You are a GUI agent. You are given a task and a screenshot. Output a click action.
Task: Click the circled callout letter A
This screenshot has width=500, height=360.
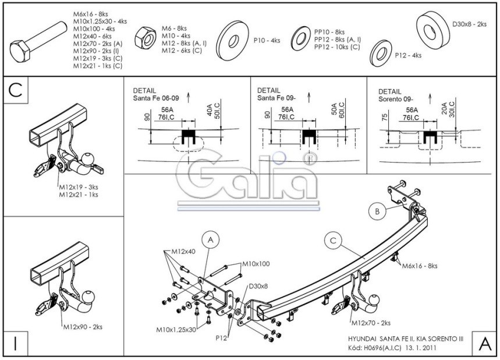(211, 239)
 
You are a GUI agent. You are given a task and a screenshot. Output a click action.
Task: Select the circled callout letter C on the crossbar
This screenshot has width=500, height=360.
(333, 239)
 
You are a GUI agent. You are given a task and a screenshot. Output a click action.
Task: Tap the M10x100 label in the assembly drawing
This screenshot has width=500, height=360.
(256, 263)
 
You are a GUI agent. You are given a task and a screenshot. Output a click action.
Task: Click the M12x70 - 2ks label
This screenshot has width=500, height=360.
(371, 322)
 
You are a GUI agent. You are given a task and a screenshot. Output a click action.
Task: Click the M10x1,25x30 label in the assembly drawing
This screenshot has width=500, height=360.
(176, 330)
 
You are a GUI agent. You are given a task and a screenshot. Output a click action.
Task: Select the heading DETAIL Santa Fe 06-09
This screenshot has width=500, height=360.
(156, 94)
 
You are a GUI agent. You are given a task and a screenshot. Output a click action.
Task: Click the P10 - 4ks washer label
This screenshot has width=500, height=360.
(267, 40)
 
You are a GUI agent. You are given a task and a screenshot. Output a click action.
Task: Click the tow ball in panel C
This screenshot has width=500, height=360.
(89, 158)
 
